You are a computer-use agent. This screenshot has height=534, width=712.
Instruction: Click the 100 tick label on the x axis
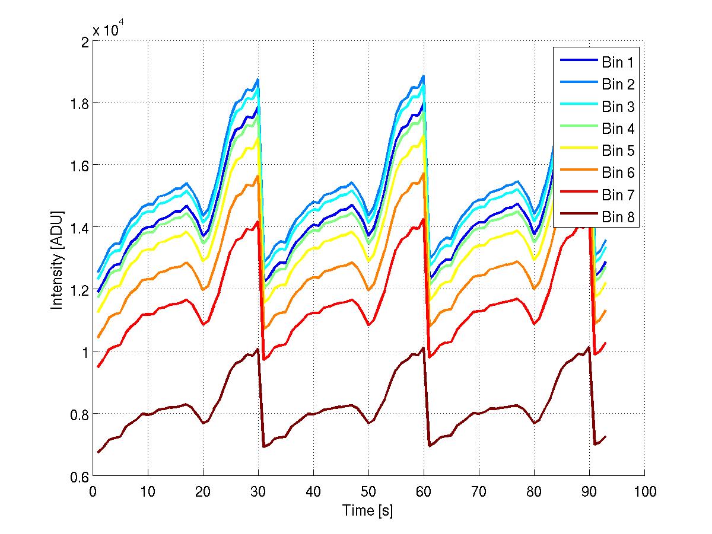pyautogui.click(x=644, y=491)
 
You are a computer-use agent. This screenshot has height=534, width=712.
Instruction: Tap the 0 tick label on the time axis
pyautogui.click(x=93, y=491)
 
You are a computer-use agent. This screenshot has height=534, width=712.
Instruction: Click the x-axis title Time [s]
pyautogui.click(x=368, y=510)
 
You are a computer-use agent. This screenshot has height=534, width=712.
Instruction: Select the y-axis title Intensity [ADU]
pyautogui.click(x=57, y=259)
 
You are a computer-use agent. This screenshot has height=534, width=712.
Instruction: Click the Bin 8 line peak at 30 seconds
pyautogui.click(x=258, y=349)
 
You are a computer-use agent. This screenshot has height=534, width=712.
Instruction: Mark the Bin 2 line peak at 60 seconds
pyautogui.click(x=423, y=76)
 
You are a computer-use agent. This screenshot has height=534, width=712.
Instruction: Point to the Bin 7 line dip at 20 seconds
pyautogui.click(x=204, y=324)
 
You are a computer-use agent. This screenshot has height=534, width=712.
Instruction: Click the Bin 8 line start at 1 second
pyautogui.click(x=98, y=452)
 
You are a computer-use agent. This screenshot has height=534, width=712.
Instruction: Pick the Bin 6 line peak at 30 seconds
pyautogui.click(x=258, y=176)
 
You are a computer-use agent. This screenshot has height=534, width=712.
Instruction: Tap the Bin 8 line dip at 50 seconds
pyautogui.click(x=369, y=423)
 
